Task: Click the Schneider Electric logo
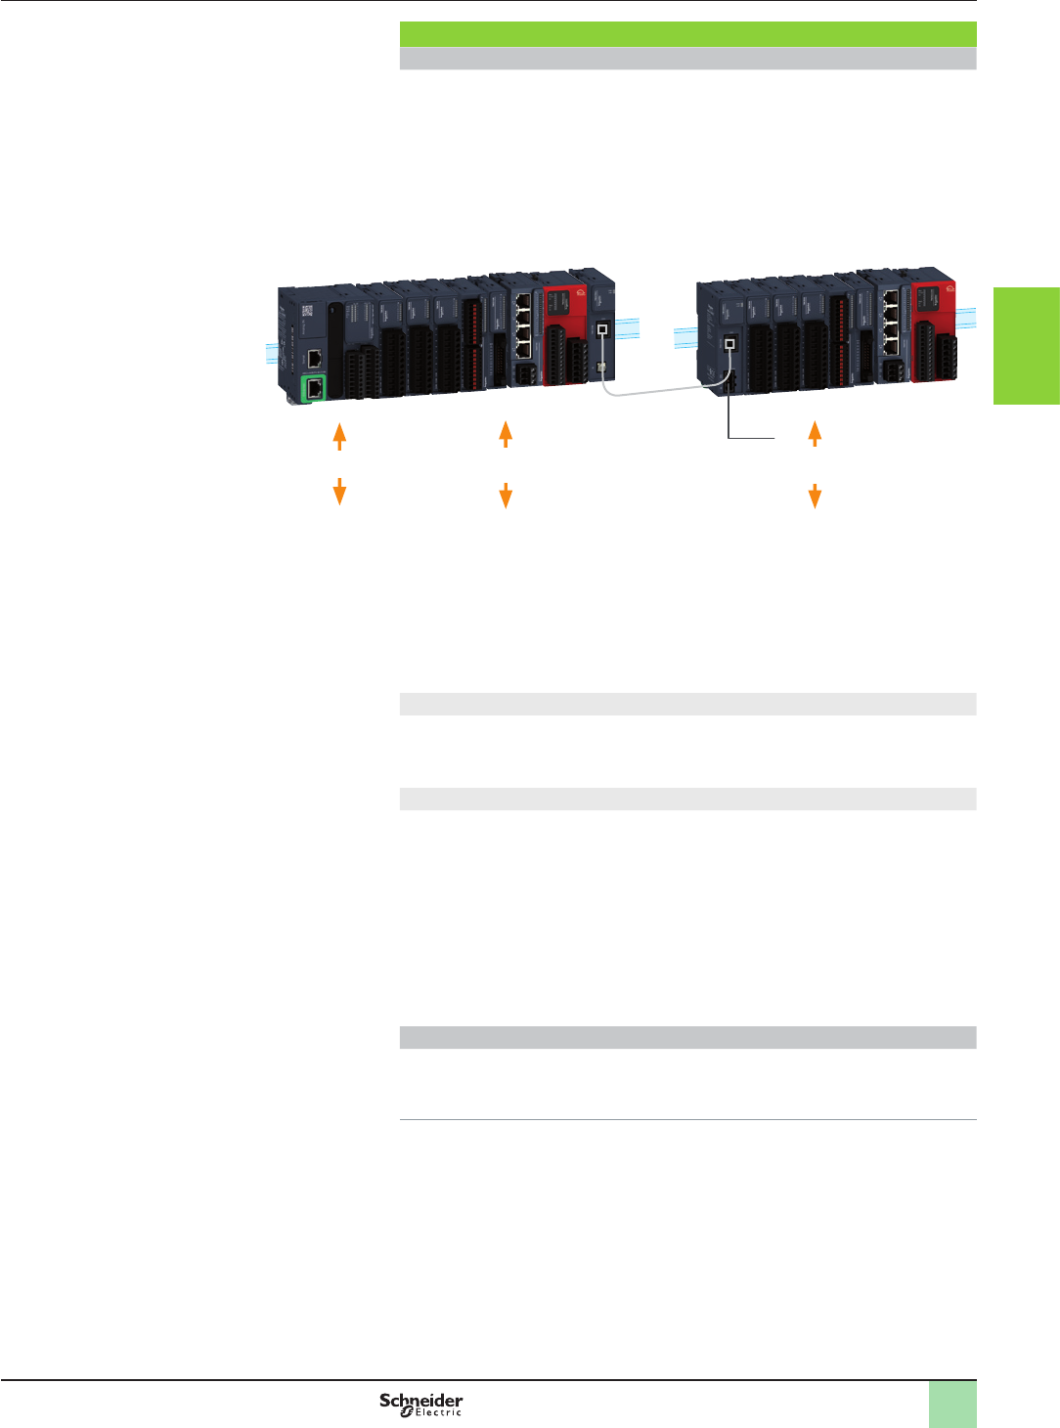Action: pyautogui.click(x=421, y=1405)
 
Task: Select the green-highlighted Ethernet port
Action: pyautogui.click(x=315, y=388)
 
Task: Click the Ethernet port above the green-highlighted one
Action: pyautogui.click(x=315, y=358)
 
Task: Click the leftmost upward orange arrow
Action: pyautogui.click(x=339, y=435)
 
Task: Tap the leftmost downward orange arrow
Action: pyautogui.click(x=339, y=492)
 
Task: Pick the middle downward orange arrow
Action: pyautogui.click(x=506, y=496)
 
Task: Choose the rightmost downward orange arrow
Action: pyautogui.click(x=815, y=496)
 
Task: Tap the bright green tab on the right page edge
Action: pyautogui.click(x=1027, y=345)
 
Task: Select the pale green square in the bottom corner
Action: pyautogui.click(x=952, y=1404)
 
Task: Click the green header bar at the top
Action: pyautogui.click(x=688, y=34)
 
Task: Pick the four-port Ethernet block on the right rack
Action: pyautogui.click(x=890, y=318)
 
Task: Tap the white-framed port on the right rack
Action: pyautogui.click(x=729, y=344)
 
